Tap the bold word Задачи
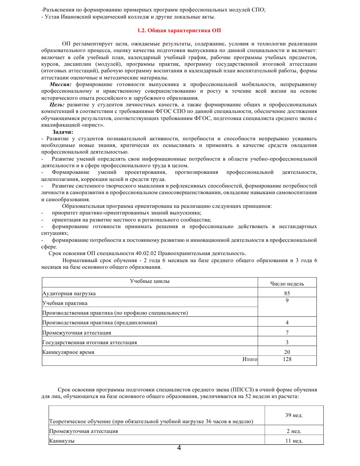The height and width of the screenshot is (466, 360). [x=63, y=132]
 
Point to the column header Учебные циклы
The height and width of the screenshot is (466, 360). [x=150, y=281]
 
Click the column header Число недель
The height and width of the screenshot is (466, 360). [x=287, y=283]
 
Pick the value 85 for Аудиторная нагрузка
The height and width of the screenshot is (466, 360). [x=287, y=293]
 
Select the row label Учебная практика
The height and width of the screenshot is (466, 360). [x=64, y=303]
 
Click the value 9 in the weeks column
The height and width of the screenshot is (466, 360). [x=287, y=301]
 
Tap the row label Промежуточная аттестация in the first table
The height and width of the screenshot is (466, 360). [x=76, y=332]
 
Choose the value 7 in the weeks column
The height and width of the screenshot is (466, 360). [x=287, y=332]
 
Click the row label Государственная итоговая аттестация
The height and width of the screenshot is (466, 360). [x=89, y=342]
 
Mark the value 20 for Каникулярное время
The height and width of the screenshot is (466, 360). [x=287, y=352]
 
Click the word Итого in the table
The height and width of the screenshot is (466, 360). [x=250, y=359]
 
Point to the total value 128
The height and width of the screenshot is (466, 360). [x=287, y=359]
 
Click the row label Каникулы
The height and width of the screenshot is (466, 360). [x=62, y=441]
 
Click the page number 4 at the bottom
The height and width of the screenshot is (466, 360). [x=179, y=449]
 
